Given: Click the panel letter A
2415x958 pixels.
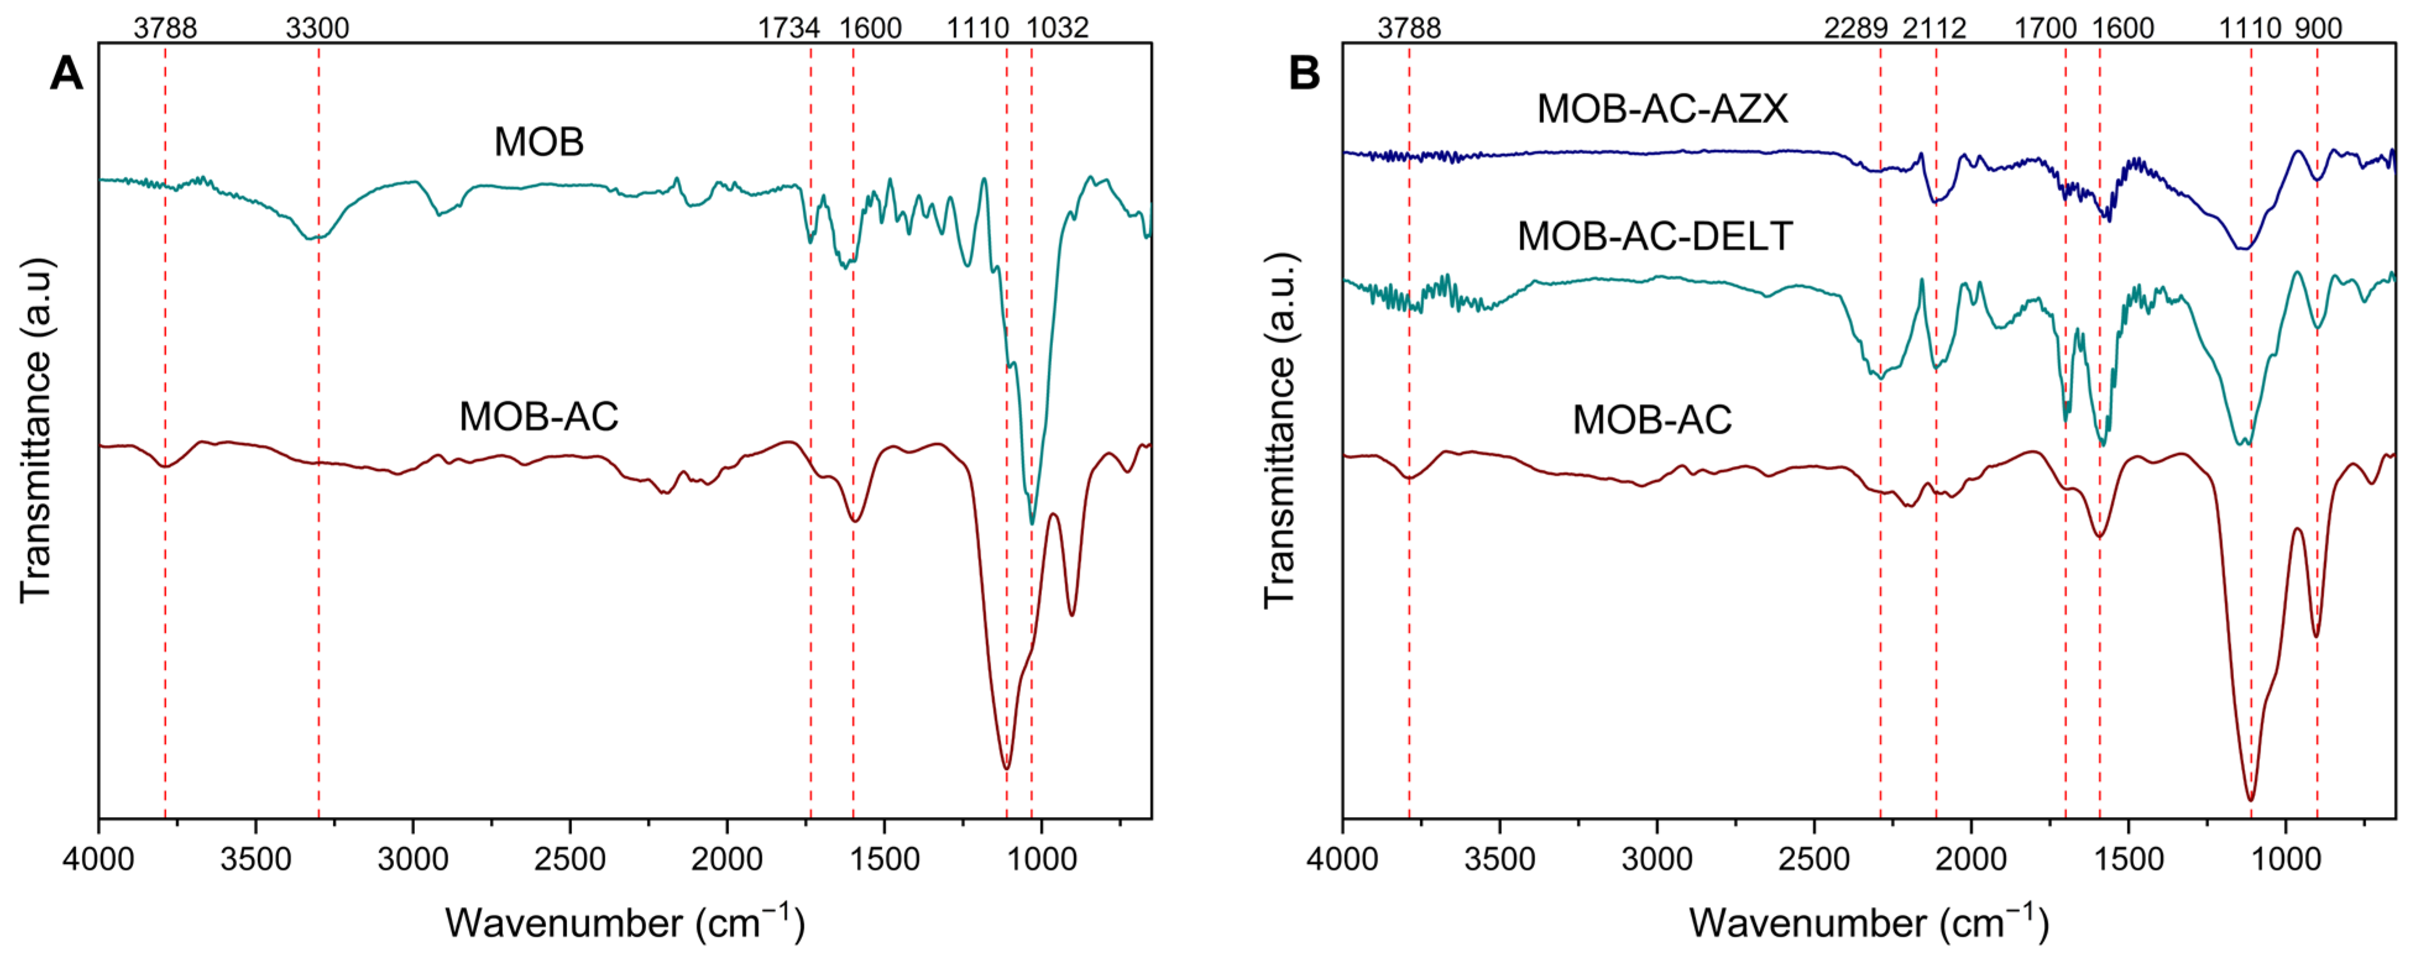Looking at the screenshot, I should click(66, 73).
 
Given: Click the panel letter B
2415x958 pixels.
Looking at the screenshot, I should click(1304, 73).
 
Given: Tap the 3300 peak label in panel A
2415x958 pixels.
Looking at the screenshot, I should click(317, 28).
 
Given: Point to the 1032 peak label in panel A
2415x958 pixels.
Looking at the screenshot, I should click(1057, 28).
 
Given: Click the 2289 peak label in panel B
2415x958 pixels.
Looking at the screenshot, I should click(1855, 28).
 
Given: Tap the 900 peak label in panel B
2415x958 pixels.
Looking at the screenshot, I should click(2319, 28).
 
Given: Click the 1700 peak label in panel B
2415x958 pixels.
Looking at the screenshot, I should click(2046, 28).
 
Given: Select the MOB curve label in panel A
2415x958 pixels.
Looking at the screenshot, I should click(539, 143).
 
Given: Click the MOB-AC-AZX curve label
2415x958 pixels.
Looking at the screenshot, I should click(1662, 109).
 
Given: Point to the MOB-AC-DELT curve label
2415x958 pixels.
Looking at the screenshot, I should click(1655, 236).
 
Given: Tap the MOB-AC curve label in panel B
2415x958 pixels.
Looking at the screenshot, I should click(1652, 420).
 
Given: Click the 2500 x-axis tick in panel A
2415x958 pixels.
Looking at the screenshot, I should click(570, 858).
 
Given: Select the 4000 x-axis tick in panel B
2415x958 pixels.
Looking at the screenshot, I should click(1342, 858).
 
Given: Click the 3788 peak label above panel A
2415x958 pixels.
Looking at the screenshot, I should click(165, 28).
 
